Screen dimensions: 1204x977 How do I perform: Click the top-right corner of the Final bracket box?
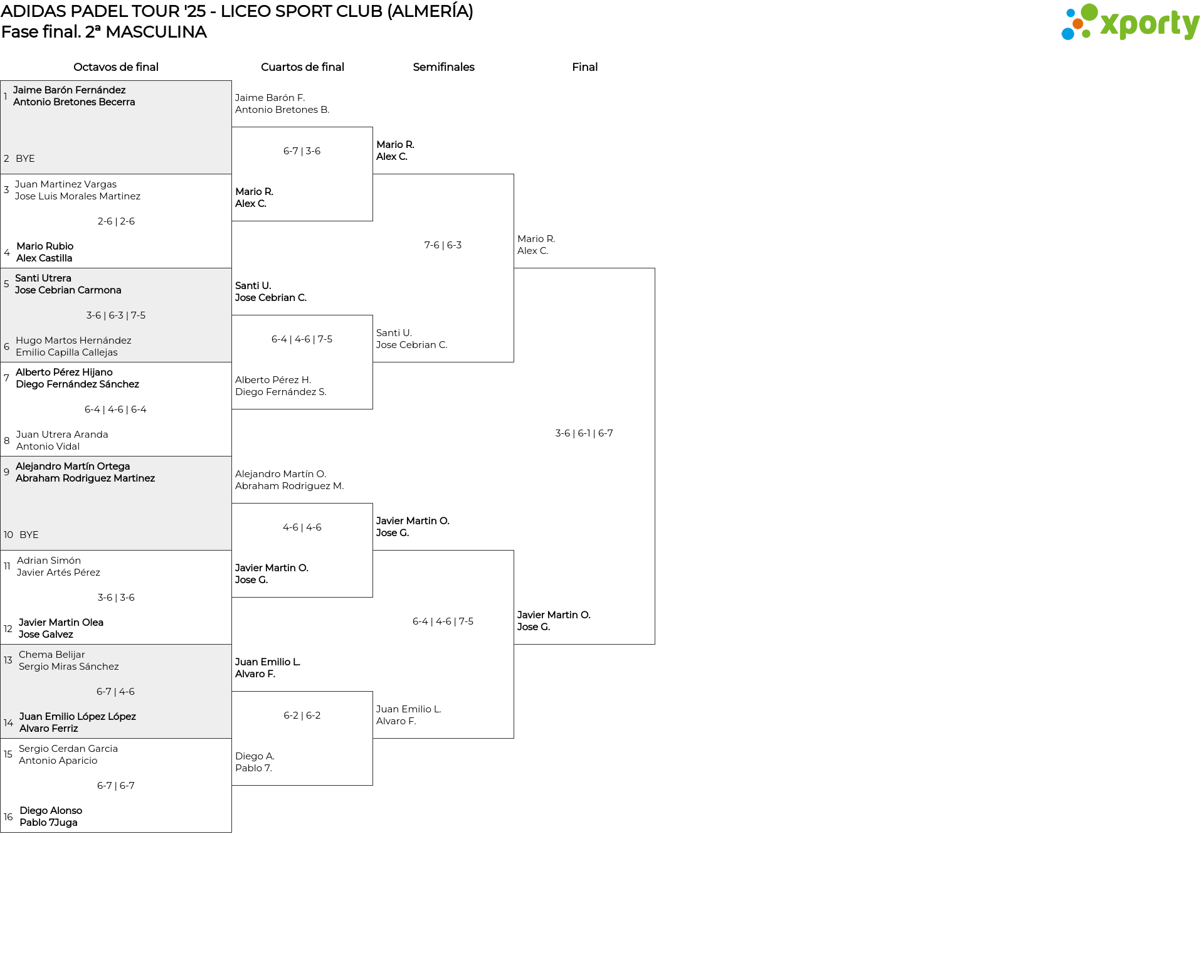(x=655, y=268)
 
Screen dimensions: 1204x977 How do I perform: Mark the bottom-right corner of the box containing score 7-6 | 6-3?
(x=514, y=362)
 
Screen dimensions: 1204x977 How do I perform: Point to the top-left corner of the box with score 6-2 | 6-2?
(x=232, y=692)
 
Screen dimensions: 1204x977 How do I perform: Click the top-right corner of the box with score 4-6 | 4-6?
(x=372, y=504)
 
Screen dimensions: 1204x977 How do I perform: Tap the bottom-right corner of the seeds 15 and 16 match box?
(x=231, y=832)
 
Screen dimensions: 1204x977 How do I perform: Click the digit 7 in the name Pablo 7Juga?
(x=52, y=823)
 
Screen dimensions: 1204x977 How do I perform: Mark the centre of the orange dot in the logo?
(x=1077, y=24)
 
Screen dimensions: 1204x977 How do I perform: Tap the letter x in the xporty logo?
(x=1109, y=24)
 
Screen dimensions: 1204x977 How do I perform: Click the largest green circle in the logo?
(x=1089, y=12)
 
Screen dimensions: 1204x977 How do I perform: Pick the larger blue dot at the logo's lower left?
(x=1067, y=33)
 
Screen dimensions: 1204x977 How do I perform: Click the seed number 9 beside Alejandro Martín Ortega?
(x=6, y=472)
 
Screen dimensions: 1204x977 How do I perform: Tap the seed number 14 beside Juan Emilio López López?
(x=8, y=723)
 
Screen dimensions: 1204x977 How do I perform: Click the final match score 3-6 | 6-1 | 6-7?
(x=584, y=433)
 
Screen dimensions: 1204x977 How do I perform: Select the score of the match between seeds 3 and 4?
(x=116, y=221)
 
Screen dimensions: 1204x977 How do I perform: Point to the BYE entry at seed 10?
(x=29, y=535)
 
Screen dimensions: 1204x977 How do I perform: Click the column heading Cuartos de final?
(x=302, y=67)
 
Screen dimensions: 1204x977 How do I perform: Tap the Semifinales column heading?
(x=443, y=67)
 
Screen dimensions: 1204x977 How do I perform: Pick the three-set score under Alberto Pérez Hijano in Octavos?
(x=115, y=409)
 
